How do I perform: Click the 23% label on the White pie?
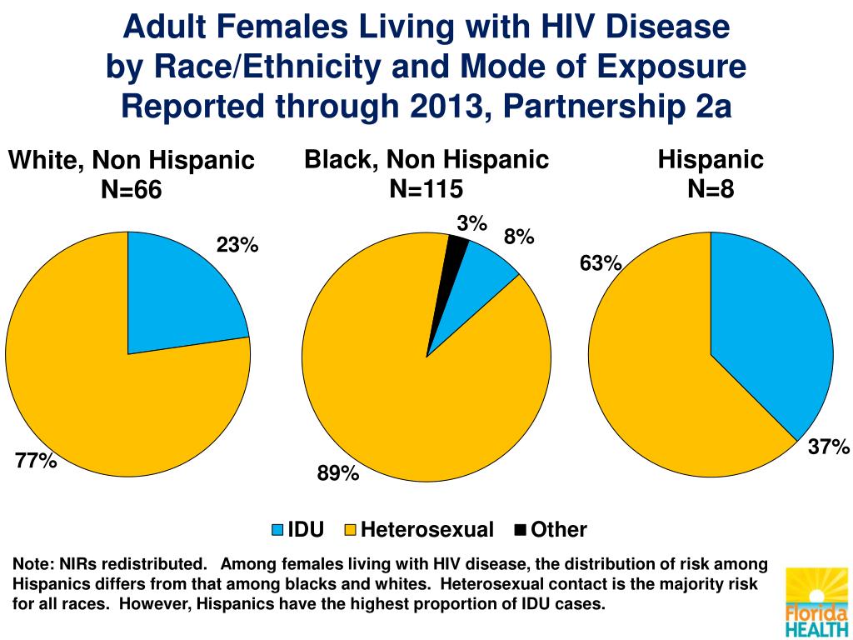238,245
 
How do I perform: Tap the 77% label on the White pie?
36,460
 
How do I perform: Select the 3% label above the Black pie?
471,222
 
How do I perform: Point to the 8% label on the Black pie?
518,237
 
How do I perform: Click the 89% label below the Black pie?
337,474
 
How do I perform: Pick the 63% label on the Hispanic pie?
601,264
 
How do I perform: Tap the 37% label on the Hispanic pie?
828,448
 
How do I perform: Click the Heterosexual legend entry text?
427,530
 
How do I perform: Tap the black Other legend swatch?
521,530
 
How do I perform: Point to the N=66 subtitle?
131,191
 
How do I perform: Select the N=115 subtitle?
426,189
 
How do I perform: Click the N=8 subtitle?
711,189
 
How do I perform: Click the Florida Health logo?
816,600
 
